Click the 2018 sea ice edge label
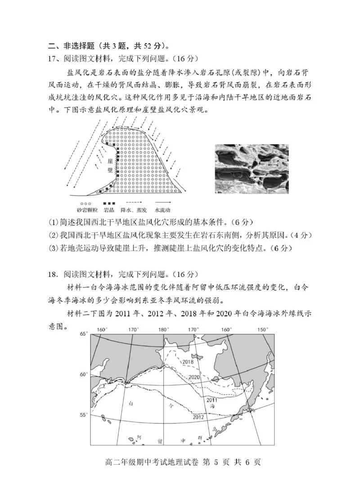[188, 361]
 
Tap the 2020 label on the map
[194, 377]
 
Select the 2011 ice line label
[212, 400]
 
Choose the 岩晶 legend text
[109, 210]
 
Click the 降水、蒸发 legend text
[135, 210]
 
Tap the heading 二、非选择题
[67, 45]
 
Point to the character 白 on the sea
[131, 403]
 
